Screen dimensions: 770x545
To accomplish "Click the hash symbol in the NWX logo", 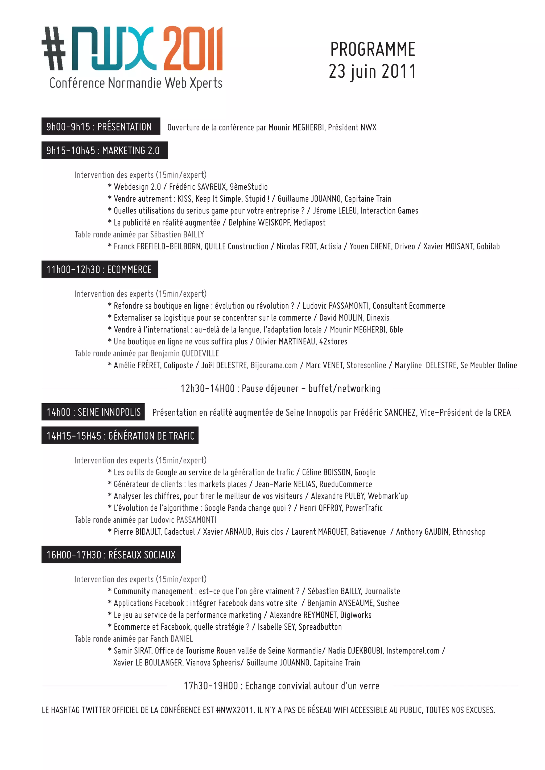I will (x=54, y=49).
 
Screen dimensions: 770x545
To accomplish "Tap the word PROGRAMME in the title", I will (x=373, y=50).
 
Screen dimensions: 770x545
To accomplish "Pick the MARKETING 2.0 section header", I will (x=104, y=150).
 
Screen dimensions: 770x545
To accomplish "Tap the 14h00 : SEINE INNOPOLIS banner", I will (x=93, y=412).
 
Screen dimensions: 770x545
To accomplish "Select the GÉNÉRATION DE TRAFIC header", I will (x=120, y=436).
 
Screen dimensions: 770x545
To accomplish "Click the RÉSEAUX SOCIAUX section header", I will (x=111, y=555).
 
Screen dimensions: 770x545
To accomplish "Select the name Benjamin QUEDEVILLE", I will (x=185, y=353).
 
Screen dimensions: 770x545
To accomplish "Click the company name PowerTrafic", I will (x=364, y=508).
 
